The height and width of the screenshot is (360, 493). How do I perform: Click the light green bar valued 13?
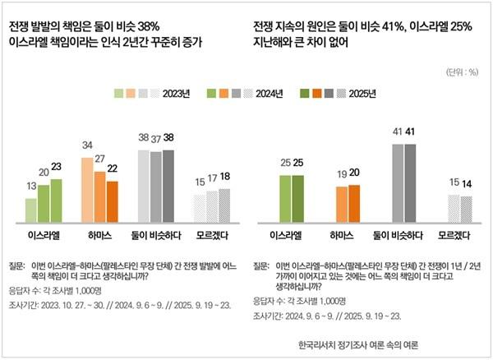tap(31, 210)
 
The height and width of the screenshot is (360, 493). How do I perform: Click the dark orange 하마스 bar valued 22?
tap(112, 201)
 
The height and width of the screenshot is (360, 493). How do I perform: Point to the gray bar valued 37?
tap(156, 187)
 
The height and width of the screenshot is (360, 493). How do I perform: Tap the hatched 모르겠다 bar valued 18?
tap(224, 205)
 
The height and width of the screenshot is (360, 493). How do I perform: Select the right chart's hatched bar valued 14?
tap(466, 209)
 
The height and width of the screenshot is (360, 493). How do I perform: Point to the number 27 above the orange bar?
tap(100, 159)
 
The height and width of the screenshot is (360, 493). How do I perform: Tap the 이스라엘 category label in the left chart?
tap(44, 235)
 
